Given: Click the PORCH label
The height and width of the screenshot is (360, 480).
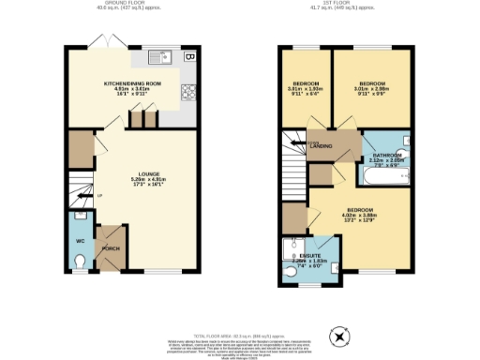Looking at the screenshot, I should (x=111, y=248).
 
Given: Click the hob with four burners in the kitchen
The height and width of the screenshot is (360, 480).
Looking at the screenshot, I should (x=188, y=91).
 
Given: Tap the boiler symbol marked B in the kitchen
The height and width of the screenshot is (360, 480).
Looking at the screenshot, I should (x=189, y=56).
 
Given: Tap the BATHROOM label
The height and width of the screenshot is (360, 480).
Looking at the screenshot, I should (x=387, y=155).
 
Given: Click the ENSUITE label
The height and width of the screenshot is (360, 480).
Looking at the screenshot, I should (x=310, y=255).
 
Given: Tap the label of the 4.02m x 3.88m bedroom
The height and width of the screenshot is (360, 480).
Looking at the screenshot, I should (x=361, y=210).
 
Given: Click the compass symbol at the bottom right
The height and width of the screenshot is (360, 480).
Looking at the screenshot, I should (x=338, y=336).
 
